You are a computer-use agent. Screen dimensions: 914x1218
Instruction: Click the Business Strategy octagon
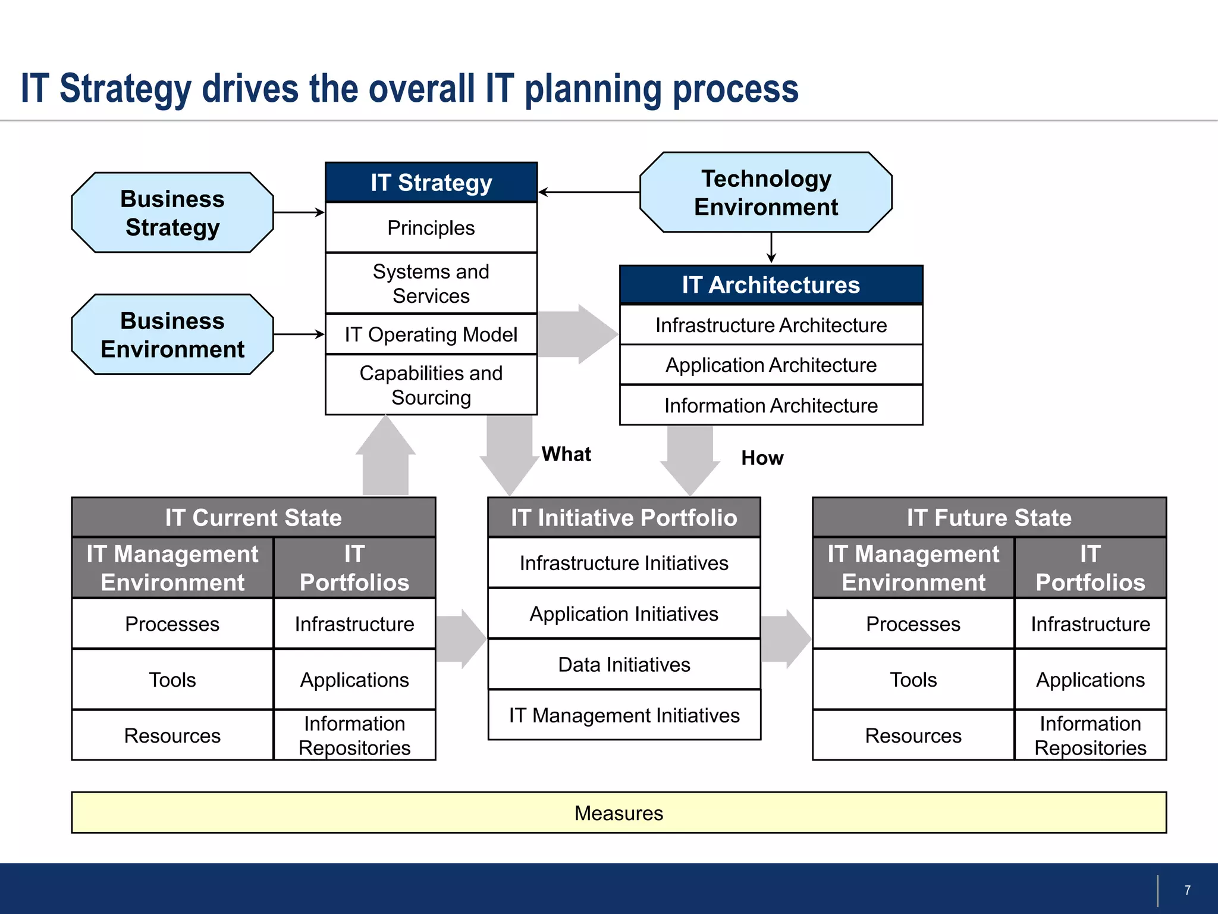point(172,212)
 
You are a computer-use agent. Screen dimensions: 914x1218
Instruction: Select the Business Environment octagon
point(172,334)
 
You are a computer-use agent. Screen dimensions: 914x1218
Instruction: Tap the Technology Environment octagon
point(766,192)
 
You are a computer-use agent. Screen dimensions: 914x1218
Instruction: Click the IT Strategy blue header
point(431,182)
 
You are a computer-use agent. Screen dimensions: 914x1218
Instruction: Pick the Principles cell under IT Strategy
point(431,228)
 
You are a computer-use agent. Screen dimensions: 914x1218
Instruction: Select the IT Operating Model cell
point(431,334)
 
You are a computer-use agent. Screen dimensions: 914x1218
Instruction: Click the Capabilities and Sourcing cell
point(431,385)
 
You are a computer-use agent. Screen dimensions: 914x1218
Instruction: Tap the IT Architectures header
point(771,285)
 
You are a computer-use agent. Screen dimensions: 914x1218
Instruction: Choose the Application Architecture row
point(771,365)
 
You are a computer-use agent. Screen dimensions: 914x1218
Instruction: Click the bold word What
point(566,454)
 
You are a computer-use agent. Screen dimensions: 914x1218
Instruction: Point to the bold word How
point(762,458)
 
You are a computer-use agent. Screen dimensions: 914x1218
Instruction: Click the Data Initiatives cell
point(624,664)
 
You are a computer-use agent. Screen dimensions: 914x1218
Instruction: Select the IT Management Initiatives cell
point(624,715)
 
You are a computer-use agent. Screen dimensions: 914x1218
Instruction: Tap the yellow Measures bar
point(619,812)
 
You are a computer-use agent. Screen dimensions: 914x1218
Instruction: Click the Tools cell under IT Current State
point(172,680)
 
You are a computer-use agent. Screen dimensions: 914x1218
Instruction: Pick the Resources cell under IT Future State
point(913,735)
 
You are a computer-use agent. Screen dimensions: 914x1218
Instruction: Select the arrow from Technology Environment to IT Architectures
point(771,248)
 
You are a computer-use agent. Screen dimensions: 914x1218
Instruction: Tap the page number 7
point(1187,890)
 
